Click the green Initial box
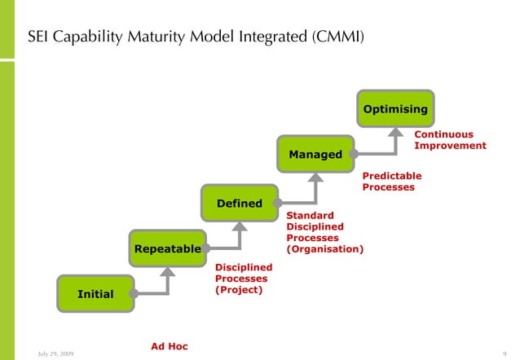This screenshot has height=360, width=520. coord(95,293)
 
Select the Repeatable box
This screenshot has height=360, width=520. coord(167,248)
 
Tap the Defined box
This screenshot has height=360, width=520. coord(239,203)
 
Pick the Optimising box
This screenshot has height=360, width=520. coord(395,108)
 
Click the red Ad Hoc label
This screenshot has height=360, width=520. coord(170,346)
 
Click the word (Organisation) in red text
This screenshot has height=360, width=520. coord(324,248)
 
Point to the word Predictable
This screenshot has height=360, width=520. coord(391,175)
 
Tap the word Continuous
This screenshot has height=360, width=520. coord(443,134)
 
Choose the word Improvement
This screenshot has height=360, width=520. coord(450,146)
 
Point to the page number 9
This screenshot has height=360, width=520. coord(505,353)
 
